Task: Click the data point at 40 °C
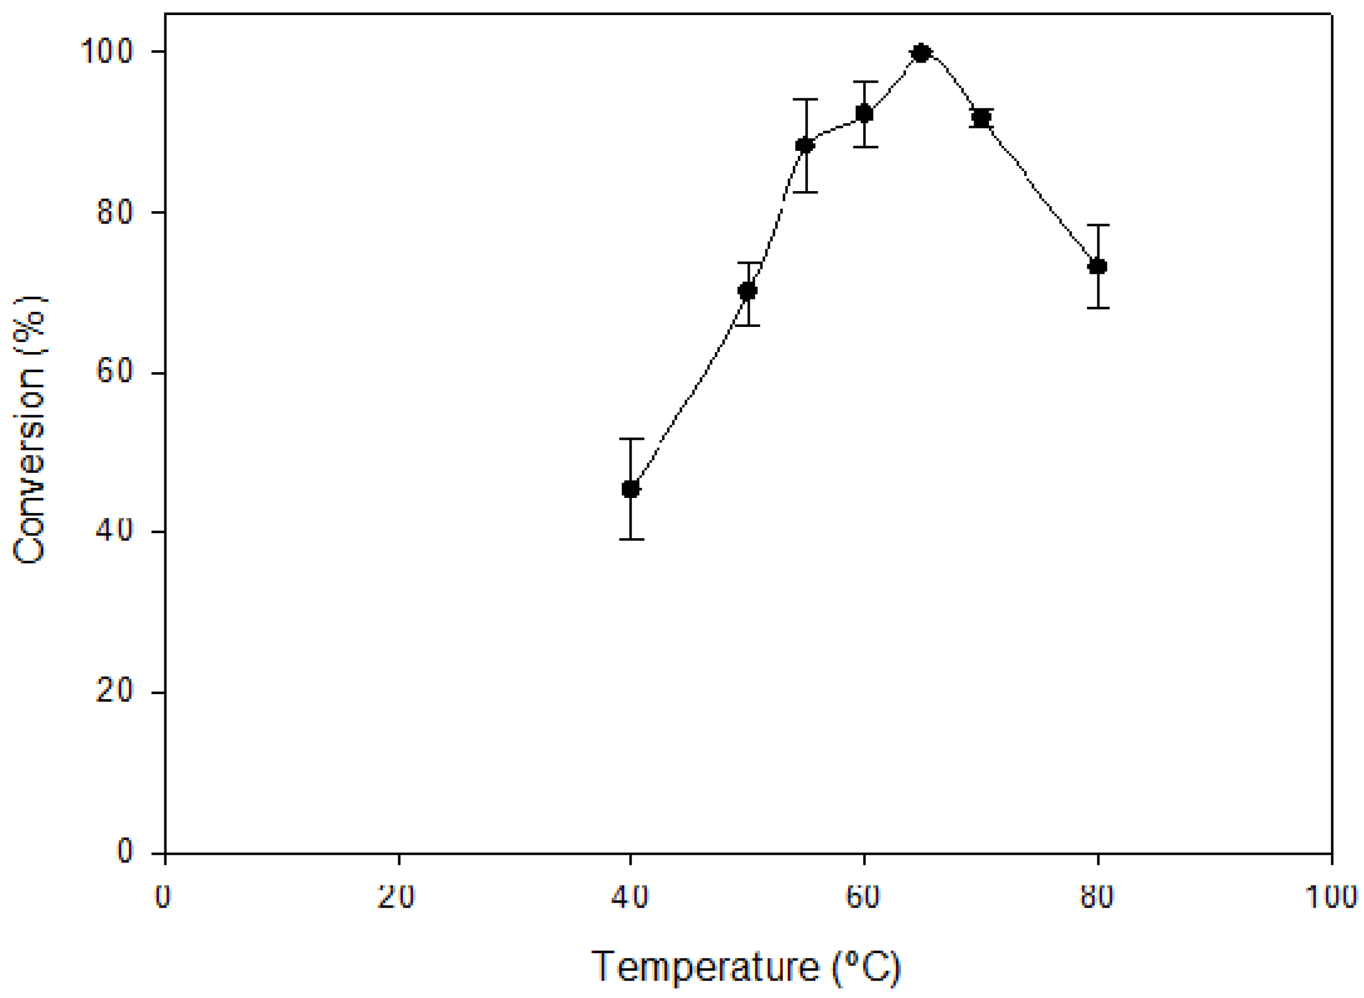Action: click(631, 489)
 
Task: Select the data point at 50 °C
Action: click(747, 291)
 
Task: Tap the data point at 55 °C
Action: click(805, 145)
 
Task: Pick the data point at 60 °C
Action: click(864, 113)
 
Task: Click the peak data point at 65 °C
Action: click(921, 53)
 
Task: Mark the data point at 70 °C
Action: click(981, 118)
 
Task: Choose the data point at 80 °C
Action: click(1097, 266)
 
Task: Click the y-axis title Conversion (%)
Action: click(30, 430)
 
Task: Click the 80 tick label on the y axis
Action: click(115, 213)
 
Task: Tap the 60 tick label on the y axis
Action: click(115, 373)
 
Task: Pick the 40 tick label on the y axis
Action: click(115, 531)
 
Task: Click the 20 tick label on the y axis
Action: click(115, 692)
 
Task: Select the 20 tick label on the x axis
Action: click(397, 897)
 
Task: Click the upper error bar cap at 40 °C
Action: click(631, 439)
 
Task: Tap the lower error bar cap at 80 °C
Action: click(1097, 308)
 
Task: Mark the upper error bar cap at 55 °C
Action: click(805, 99)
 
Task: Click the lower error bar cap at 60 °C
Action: click(864, 147)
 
